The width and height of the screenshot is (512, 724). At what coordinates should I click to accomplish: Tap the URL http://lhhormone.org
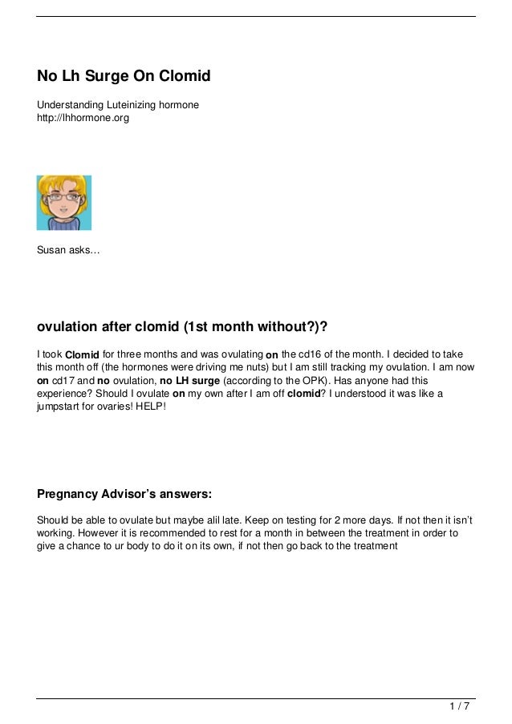(83, 119)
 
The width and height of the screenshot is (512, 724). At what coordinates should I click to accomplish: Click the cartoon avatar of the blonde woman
(64, 203)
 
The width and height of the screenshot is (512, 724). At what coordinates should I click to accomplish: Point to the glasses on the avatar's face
(63, 198)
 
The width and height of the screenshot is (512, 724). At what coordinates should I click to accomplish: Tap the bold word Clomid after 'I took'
(82, 355)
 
